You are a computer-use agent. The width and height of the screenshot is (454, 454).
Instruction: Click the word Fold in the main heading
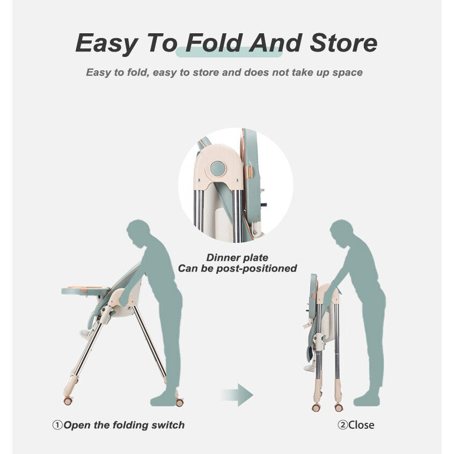[x=214, y=43]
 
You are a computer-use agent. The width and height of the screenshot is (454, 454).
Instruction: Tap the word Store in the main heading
[x=343, y=43]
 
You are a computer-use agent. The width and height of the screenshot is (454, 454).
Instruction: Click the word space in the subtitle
[x=347, y=72]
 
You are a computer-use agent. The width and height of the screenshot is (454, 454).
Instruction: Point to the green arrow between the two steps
[x=237, y=395]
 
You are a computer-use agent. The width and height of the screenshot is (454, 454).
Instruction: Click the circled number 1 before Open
[x=57, y=425]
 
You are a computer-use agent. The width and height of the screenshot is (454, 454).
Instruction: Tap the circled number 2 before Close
[x=343, y=425]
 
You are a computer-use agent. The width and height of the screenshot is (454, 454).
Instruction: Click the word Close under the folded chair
[x=361, y=425]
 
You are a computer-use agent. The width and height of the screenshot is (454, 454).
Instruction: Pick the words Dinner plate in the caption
[x=237, y=258]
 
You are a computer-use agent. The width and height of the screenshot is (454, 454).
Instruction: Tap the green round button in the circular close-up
[x=218, y=169]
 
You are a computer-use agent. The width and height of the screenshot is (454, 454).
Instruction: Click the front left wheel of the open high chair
[x=68, y=401]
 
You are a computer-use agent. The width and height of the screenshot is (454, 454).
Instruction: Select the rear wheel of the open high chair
[x=180, y=403]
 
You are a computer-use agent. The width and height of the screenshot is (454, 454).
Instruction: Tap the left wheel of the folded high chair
[x=316, y=408]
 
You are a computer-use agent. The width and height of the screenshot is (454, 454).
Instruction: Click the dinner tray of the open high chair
[x=86, y=291]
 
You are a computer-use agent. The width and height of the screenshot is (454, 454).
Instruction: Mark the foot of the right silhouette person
[x=367, y=401]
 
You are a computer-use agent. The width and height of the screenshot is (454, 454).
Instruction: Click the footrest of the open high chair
[x=85, y=334]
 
